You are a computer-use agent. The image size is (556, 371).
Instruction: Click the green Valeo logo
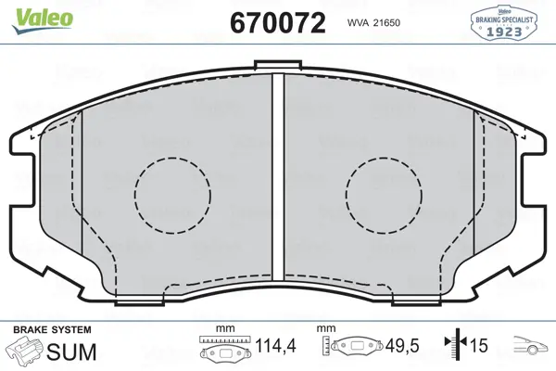pyautogui.click(x=42, y=21)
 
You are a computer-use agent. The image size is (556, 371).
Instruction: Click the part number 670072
pyautogui.click(x=278, y=22)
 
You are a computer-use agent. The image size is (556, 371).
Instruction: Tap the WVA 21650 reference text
pyautogui.click(x=373, y=23)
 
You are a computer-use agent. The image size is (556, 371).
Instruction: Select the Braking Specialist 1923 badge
pyautogui.click(x=504, y=23)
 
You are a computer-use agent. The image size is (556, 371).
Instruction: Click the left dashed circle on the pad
pyautogui.click(x=172, y=158)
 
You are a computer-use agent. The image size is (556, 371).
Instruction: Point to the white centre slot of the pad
pyautogui.click(x=278, y=177)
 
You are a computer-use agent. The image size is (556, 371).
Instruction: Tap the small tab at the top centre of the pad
pyautogui.click(x=278, y=64)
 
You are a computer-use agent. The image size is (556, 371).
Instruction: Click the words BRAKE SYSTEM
pyautogui.click(x=52, y=330)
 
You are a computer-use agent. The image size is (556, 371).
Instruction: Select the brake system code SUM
pyautogui.click(x=71, y=352)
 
